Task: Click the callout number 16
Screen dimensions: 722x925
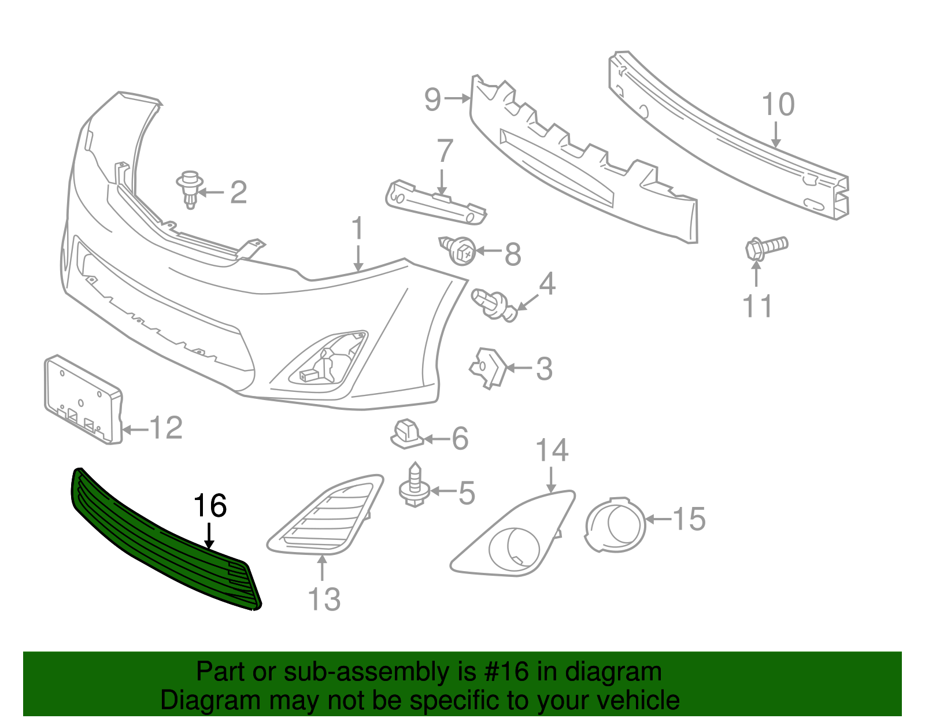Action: click(x=209, y=506)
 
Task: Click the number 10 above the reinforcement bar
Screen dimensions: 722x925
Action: click(x=778, y=105)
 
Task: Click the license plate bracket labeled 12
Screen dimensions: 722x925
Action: click(x=83, y=399)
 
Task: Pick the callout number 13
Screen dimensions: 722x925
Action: click(x=324, y=599)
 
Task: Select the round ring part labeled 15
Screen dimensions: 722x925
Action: click(x=615, y=524)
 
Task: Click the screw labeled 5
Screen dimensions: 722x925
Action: click(x=415, y=486)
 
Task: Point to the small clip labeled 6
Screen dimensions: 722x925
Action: click(x=407, y=435)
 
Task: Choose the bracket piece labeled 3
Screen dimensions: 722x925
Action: click(x=487, y=366)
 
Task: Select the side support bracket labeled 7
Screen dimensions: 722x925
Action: click(x=436, y=202)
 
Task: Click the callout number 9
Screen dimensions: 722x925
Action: click(x=433, y=99)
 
